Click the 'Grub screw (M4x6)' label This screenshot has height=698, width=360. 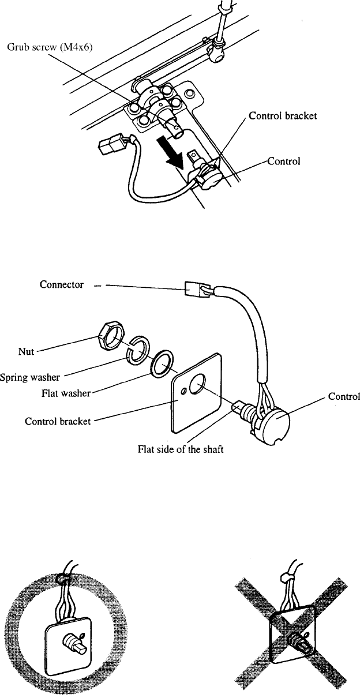(50, 47)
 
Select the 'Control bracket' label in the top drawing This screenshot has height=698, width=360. (282, 116)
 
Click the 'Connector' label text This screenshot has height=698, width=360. (62, 284)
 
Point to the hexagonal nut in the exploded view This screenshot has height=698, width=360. (111, 337)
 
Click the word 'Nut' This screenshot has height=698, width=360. (26, 351)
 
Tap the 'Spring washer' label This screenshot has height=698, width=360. (30, 377)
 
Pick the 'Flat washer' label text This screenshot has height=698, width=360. (66, 393)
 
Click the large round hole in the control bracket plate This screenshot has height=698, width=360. (197, 384)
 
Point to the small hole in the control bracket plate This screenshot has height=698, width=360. (184, 391)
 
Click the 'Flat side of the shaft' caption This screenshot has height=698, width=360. (181, 449)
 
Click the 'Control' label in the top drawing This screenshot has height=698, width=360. (284, 161)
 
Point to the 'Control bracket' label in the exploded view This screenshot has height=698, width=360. (58, 421)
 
